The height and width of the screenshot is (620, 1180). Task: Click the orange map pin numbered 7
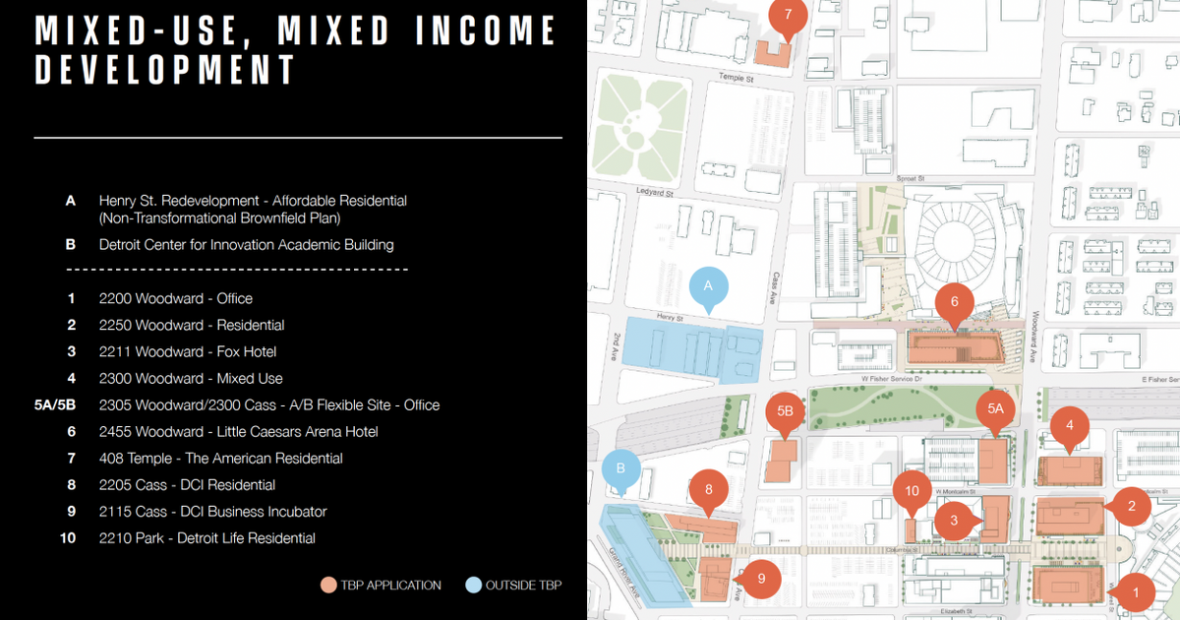point(788,16)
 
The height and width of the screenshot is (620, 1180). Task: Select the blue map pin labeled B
point(620,469)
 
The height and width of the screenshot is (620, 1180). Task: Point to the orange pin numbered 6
point(954,301)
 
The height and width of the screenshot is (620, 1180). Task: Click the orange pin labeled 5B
point(785,410)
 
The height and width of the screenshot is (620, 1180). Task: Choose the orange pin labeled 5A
point(995,408)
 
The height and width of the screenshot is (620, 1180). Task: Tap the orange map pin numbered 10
point(912,491)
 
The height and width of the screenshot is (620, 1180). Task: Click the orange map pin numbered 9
point(761,579)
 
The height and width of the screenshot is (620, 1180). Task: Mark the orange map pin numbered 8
point(709,488)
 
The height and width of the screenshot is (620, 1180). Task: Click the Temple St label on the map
point(735,78)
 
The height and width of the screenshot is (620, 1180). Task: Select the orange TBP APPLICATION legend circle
point(327,586)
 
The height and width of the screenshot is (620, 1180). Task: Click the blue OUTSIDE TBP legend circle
point(473,586)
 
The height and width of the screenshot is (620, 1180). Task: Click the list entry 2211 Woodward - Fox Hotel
point(187,351)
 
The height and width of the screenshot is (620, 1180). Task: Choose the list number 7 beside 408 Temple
point(71,458)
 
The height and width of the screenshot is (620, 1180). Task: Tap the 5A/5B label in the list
point(55,404)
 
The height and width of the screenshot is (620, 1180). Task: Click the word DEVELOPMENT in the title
point(165,70)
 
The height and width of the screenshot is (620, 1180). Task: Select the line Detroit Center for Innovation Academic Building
point(246,244)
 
